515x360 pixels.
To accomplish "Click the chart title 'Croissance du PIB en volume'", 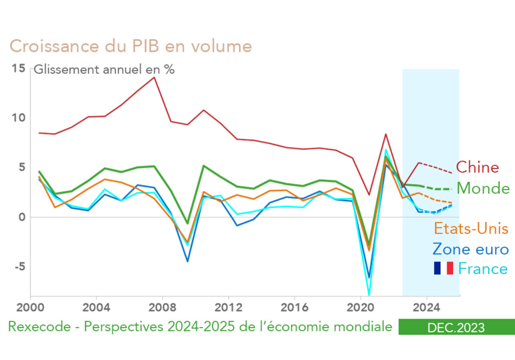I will (130, 46).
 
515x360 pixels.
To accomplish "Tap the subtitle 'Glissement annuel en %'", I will (104, 69).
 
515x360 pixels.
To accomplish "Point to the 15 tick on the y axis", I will (19, 68).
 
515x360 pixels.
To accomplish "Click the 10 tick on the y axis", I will (19, 118).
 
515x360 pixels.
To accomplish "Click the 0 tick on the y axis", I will (22, 217).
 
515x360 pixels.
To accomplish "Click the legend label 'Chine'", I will (477, 167).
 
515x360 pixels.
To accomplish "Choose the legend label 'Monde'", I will (483, 188).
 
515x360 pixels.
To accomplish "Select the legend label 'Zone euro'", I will (471, 250).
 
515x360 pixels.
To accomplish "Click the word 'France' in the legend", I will (483, 269).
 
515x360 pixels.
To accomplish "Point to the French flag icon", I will (443, 268).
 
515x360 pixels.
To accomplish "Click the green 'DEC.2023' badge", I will (456, 328).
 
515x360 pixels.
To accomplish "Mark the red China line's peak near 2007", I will (154, 77).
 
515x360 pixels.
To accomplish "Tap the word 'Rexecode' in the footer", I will (36, 328).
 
